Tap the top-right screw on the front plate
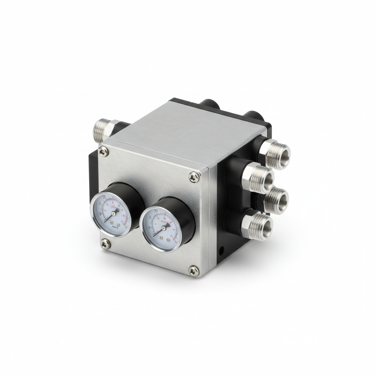[192, 177]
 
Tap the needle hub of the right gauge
[163, 227]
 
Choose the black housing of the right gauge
[184, 217]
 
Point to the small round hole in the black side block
[221, 252]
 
